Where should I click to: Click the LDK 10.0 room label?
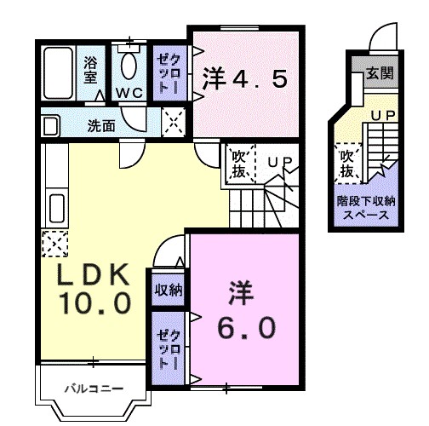tap(93, 288)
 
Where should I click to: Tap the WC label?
tap(129, 92)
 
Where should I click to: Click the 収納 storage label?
tap(168, 290)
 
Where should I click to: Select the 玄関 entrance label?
tap(380, 74)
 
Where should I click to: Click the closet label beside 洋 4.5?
tap(167, 73)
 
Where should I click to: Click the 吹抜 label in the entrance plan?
tap(347, 164)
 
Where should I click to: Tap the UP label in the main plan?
tap(278, 159)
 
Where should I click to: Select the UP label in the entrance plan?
tap(383, 113)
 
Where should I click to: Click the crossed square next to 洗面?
tap(174, 123)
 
